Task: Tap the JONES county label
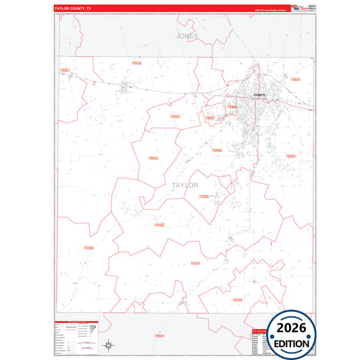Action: click(x=187, y=36)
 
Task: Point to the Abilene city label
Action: click(x=258, y=95)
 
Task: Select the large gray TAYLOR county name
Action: click(x=184, y=184)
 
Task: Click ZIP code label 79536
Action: click(x=137, y=63)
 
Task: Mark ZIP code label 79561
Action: click(x=65, y=70)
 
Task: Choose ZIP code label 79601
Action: click(x=294, y=79)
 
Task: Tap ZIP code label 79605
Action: click(x=232, y=107)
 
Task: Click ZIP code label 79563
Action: click(x=175, y=116)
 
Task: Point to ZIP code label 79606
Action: click(x=216, y=150)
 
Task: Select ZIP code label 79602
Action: click(x=290, y=156)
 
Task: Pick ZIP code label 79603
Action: click(x=153, y=158)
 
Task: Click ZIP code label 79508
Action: click(x=204, y=197)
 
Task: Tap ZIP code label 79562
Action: click(x=159, y=225)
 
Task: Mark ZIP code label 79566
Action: click(x=89, y=248)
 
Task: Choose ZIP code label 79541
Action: click(x=195, y=263)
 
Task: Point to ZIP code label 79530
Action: click(x=236, y=299)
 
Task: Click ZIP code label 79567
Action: click(x=159, y=336)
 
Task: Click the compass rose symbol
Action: click(x=108, y=346)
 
